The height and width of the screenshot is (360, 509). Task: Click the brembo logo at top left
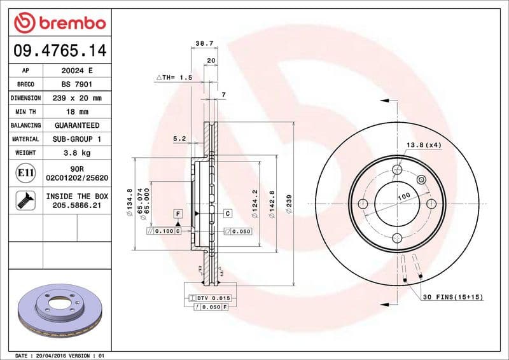click(x=59, y=23)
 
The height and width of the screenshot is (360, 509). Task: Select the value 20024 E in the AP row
click(x=76, y=71)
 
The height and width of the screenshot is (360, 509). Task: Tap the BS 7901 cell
click(x=76, y=85)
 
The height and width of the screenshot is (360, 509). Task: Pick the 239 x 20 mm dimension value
click(x=76, y=98)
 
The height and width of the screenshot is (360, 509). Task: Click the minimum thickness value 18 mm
click(x=76, y=112)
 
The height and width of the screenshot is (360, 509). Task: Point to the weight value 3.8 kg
click(x=76, y=153)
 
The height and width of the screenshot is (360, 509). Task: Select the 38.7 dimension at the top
click(x=204, y=44)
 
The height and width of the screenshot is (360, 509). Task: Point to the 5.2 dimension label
click(x=179, y=138)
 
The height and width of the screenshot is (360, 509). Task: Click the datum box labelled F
click(x=178, y=214)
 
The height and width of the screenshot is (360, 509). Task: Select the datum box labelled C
click(x=227, y=214)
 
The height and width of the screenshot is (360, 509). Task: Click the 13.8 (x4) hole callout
click(x=424, y=145)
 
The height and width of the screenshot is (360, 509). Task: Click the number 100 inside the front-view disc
click(x=403, y=197)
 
